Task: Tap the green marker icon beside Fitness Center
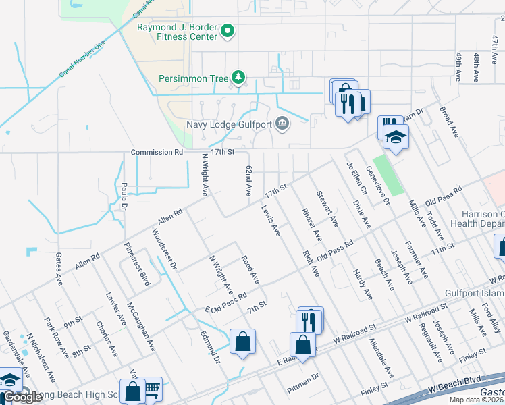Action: (x=228, y=31)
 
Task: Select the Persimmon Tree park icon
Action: (x=238, y=78)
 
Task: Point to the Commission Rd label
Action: (x=157, y=153)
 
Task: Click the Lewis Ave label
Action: (x=271, y=221)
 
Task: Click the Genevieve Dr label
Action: (x=377, y=182)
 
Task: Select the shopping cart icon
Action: (x=151, y=388)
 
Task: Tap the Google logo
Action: (x=24, y=397)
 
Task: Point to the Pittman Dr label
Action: (x=302, y=382)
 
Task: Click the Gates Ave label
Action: (x=59, y=268)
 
